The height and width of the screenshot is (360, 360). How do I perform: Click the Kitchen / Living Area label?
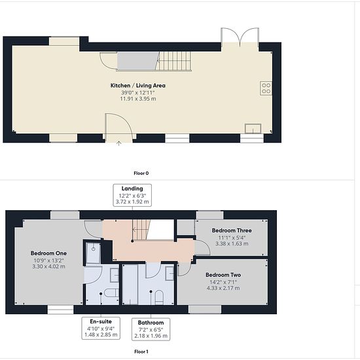tap(137, 85)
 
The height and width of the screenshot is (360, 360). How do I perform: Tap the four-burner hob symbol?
tap(266, 88)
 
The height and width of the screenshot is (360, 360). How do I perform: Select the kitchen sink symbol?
tap(253, 128)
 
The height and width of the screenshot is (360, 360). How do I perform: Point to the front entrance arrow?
tap(118, 143)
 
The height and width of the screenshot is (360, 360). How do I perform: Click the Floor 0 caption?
tap(141, 173)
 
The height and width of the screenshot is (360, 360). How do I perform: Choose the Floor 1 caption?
tap(141, 351)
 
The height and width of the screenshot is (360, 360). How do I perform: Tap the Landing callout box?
tap(132, 195)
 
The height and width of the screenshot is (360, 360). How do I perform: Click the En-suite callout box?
tap(101, 328)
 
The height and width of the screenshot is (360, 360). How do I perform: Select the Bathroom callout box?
tap(151, 329)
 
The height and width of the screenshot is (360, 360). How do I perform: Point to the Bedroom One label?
tap(48, 253)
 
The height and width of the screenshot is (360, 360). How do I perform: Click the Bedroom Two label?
tap(223, 275)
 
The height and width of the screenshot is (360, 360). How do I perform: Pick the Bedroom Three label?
tap(232, 230)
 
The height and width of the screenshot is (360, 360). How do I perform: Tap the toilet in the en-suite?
tap(111, 293)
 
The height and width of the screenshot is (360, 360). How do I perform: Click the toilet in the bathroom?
tap(159, 298)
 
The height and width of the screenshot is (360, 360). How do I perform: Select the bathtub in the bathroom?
tap(130, 285)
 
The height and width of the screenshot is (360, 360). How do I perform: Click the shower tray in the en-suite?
tap(93, 253)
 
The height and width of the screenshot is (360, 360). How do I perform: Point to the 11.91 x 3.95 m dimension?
tap(138, 99)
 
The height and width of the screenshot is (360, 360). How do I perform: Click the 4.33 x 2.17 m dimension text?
tap(223, 288)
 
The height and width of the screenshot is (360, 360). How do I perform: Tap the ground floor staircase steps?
tap(173, 61)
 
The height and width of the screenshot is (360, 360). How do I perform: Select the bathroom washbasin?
tap(170, 273)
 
